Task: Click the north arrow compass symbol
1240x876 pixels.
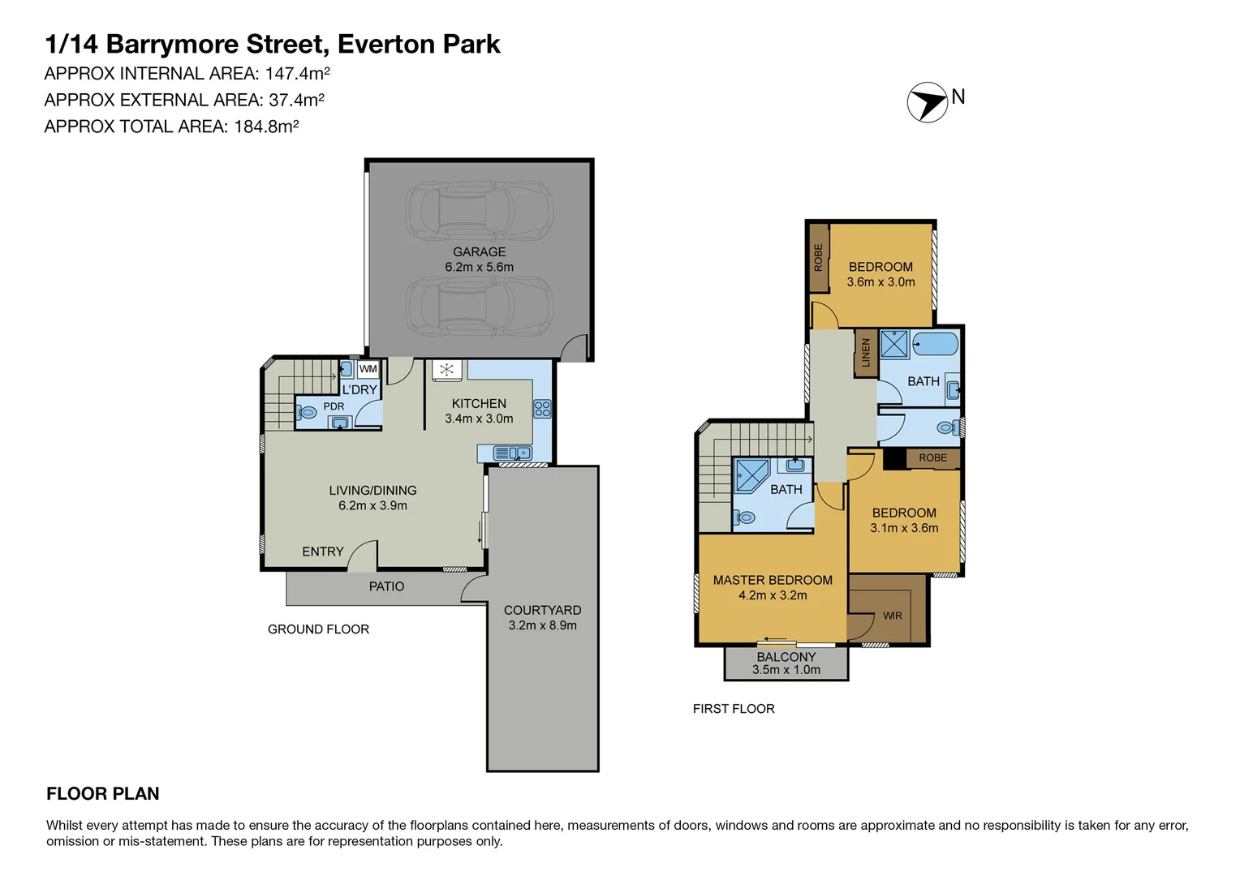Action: point(927,103)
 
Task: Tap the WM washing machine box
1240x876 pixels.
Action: point(368,369)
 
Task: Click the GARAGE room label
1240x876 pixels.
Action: point(479,252)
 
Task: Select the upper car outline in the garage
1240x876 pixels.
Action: point(479,210)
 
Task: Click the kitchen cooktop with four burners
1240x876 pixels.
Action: point(542,409)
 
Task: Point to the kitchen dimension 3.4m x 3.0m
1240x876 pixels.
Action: point(479,419)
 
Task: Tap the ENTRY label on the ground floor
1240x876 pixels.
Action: point(322,552)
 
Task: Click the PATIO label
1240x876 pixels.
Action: point(386,586)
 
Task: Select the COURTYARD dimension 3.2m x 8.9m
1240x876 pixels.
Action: point(542,625)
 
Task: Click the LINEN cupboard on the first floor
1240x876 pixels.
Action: point(865,353)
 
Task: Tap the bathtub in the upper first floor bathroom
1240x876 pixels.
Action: point(934,344)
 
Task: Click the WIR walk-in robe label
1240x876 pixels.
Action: point(892,616)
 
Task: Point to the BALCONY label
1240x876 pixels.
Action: point(786,657)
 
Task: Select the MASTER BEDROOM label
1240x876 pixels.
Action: point(773,580)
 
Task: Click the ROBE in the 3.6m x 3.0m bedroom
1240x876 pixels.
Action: point(818,257)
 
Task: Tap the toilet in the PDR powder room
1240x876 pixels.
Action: point(307,412)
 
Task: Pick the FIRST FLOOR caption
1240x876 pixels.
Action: point(734,709)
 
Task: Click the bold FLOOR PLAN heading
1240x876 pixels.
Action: point(103,794)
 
